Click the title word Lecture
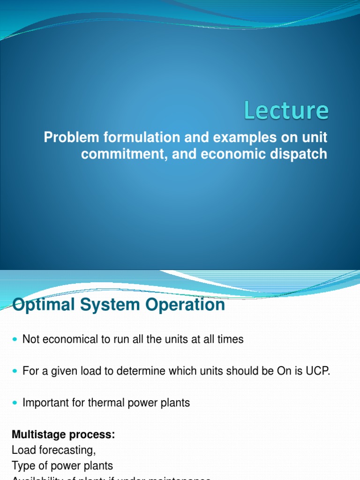click(286, 111)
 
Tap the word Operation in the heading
click(184, 305)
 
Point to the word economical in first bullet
click(69, 339)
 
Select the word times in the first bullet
click(231, 339)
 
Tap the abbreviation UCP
click(319, 371)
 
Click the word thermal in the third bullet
click(100, 403)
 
